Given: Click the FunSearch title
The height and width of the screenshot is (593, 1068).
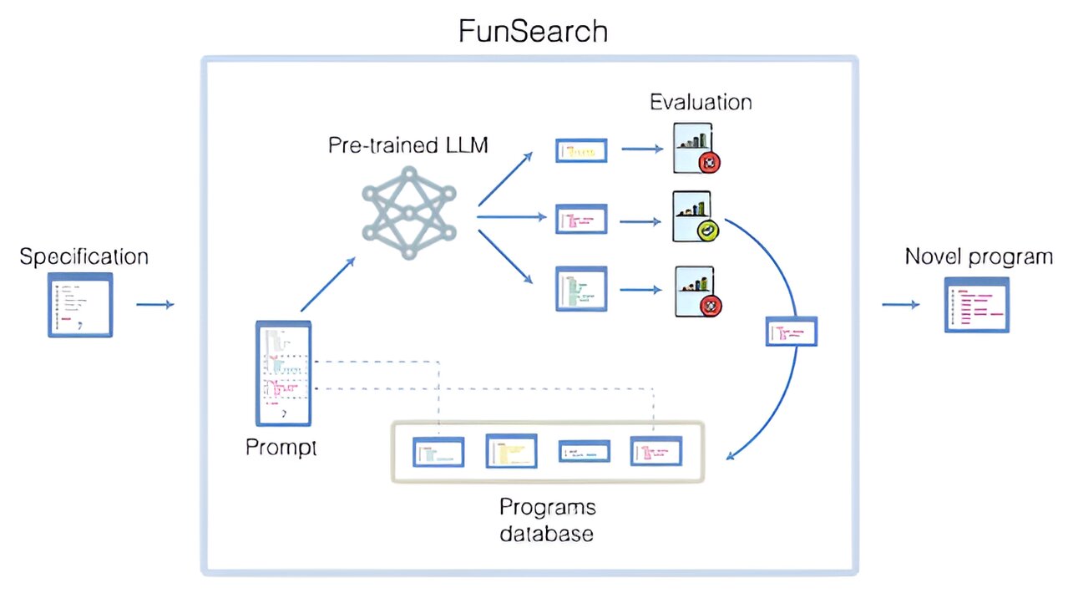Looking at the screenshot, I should pyautogui.click(x=533, y=31).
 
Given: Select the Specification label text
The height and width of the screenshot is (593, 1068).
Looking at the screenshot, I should pyautogui.click(x=84, y=256).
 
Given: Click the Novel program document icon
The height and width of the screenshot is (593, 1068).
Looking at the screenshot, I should pyautogui.click(x=977, y=307).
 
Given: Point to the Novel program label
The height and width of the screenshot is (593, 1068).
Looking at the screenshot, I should pyautogui.click(x=979, y=256).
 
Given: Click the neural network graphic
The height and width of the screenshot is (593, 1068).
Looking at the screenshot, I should pyautogui.click(x=409, y=211).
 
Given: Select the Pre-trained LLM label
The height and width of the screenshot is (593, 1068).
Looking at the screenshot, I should pyautogui.click(x=408, y=145).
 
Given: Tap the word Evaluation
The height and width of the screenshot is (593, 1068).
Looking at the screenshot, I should pyautogui.click(x=701, y=102).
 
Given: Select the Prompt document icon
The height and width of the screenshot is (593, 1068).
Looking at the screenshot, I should pyautogui.click(x=283, y=373).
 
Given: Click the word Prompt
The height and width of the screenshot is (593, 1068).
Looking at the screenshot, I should pyautogui.click(x=281, y=447).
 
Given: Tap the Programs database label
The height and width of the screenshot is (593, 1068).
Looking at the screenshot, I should pyautogui.click(x=547, y=520).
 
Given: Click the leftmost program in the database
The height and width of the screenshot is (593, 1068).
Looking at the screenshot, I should pyautogui.click(x=438, y=452).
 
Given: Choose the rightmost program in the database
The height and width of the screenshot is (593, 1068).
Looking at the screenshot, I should pyautogui.click(x=655, y=450).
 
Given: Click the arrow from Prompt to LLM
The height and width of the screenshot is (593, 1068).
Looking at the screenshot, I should pyautogui.click(x=327, y=284).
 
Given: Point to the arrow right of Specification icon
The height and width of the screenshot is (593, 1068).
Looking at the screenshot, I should pyautogui.click(x=154, y=305).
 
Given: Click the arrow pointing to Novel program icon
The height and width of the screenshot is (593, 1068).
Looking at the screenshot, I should pyautogui.click(x=900, y=305).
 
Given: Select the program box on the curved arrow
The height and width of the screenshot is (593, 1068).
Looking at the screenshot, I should pyautogui.click(x=791, y=332).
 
